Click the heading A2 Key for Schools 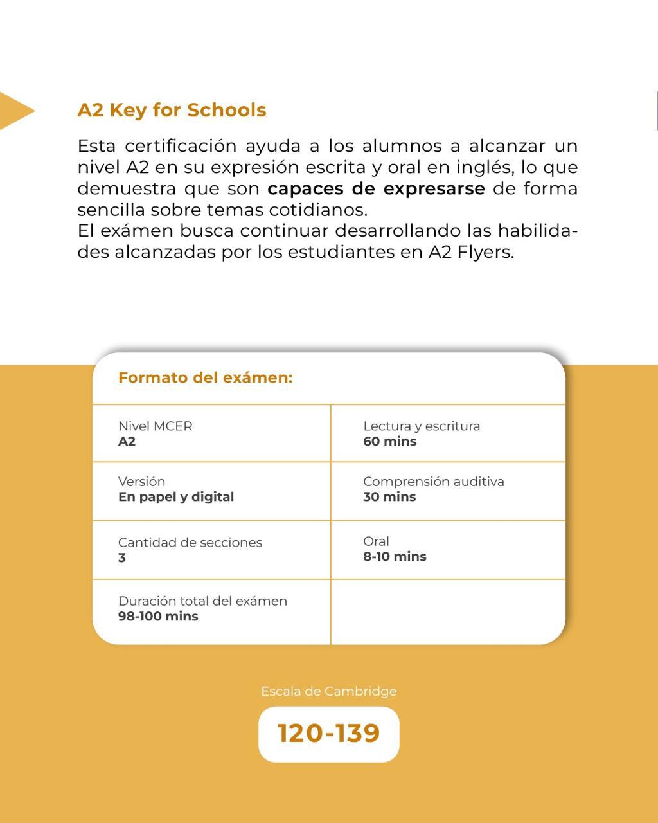(172, 110)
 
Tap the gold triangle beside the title (14, 111)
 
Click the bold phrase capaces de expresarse (376, 189)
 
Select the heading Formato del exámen (205, 377)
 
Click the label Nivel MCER (155, 426)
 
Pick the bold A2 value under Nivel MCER (127, 441)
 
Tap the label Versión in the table (141, 481)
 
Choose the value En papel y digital (175, 496)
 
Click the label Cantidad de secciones (190, 542)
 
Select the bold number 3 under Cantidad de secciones (122, 557)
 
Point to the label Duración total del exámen (202, 601)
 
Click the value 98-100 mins (158, 616)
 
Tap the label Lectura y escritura (422, 426)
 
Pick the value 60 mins (389, 441)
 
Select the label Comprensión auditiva (433, 481)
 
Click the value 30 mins (389, 496)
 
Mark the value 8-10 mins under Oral (395, 556)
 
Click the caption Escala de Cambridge (328, 691)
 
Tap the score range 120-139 (328, 733)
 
